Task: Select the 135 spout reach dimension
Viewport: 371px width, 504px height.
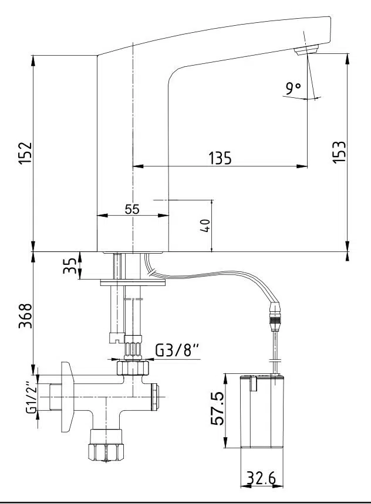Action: [220, 158]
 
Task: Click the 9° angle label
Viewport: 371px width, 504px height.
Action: [293, 88]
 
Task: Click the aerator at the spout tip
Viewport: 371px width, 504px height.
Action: [306, 51]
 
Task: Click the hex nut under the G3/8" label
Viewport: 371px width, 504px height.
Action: [133, 369]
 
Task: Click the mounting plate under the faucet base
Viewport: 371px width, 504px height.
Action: [133, 282]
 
